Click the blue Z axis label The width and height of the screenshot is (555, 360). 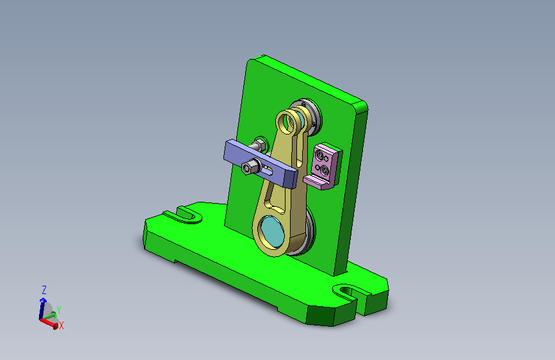pos(44,290)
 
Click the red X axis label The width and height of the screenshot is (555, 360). pos(61,325)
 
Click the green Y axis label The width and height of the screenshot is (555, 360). pos(59,311)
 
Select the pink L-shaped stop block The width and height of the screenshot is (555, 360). pos(323,166)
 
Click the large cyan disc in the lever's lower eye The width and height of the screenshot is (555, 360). pos(273,231)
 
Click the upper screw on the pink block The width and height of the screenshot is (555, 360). pos(320,156)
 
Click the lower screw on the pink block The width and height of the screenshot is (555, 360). pos(325,172)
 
